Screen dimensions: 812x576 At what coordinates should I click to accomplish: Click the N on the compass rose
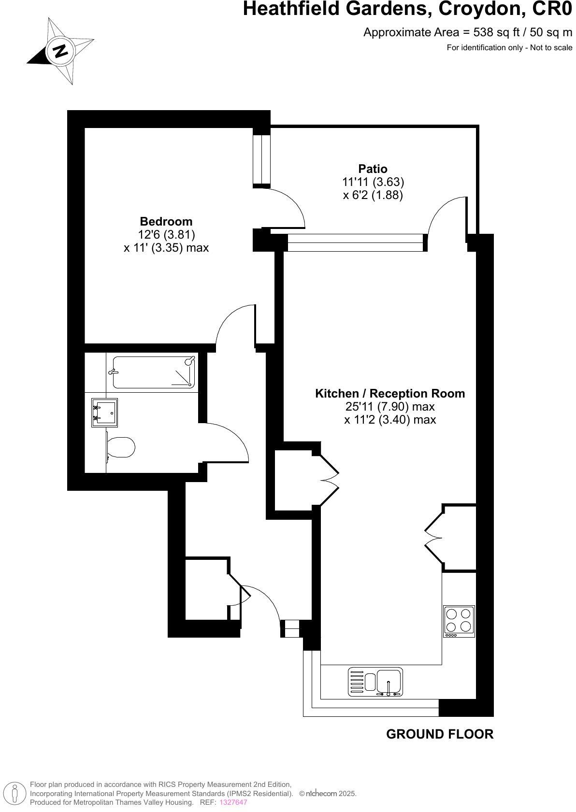point(60,51)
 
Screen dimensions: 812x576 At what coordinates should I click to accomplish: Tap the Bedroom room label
point(166,222)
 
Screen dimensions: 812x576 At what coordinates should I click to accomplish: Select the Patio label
point(373,169)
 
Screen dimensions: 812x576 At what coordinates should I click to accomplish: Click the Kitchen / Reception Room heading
point(390,394)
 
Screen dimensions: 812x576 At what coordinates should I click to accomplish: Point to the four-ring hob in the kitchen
point(459,621)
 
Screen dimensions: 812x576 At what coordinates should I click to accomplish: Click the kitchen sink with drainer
point(375,682)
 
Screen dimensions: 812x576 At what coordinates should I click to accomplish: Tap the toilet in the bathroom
point(120,448)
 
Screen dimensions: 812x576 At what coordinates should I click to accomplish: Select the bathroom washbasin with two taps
point(104,413)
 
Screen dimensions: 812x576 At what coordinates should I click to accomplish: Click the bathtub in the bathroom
point(154,372)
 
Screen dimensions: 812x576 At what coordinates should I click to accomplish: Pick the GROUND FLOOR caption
point(440,734)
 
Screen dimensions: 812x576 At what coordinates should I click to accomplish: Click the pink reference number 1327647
point(233,802)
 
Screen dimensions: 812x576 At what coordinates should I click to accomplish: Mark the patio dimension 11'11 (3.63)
point(373,182)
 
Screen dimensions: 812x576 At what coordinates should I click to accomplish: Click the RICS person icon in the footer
point(15,793)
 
